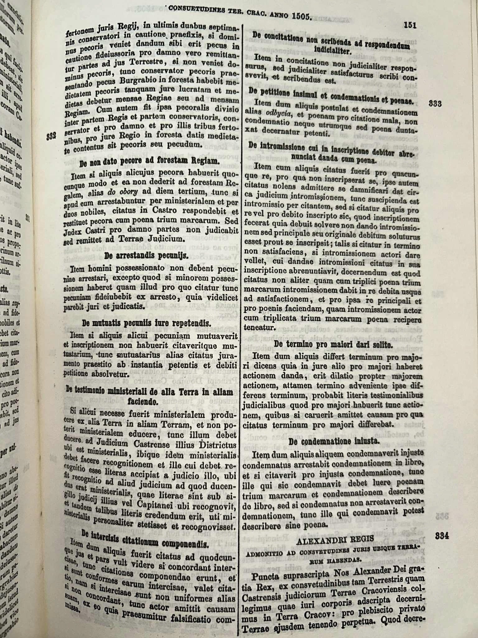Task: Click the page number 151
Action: coord(410,26)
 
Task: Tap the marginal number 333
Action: coord(435,104)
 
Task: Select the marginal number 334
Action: coord(442,536)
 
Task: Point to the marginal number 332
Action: coord(51,136)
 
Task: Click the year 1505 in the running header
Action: coord(301,16)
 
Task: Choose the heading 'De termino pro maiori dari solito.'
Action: coord(334,345)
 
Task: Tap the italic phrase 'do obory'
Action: coord(123,192)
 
